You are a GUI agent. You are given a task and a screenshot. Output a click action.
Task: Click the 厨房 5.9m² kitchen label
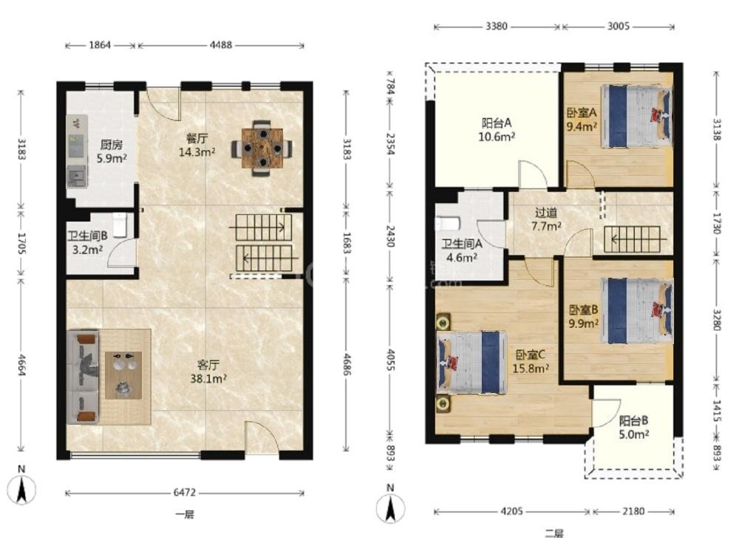click(x=112, y=151)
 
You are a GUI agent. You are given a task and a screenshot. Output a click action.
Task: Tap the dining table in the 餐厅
click(x=262, y=148)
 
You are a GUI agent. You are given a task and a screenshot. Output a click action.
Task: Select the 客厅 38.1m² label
click(x=208, y=372)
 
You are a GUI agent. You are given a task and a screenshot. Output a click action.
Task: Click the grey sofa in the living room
click(x=83, y=377)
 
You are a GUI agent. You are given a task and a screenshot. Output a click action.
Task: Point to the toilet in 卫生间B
click(x=120, y=225)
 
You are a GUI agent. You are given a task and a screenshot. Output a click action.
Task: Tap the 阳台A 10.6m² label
click(x=497, y=130)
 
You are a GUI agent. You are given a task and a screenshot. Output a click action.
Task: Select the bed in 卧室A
click(x=636, y=116)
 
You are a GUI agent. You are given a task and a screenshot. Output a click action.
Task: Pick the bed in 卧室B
click(x=637, y=310)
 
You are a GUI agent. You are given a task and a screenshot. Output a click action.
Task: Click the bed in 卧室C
click(x=472, y=362)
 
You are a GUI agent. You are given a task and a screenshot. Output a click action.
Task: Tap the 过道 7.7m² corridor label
click(x=546, y=219)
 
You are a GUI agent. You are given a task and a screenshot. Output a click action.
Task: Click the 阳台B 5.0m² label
click(x=633, y=427)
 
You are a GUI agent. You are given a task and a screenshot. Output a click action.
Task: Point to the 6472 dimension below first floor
click(x=184, y=493)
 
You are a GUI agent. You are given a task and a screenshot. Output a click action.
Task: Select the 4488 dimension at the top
click(x=220, y=45)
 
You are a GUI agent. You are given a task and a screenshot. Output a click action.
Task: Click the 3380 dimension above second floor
click(x=497, y=27)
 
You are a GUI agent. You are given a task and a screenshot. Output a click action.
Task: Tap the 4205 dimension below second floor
click(x=511, y=511)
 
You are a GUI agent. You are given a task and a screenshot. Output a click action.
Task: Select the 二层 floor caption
click(x=554, y=533)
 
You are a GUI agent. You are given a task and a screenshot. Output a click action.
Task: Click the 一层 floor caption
click(x=185, y=514)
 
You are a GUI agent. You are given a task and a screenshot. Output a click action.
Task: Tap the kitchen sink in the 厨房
click(x=77, y=177)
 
